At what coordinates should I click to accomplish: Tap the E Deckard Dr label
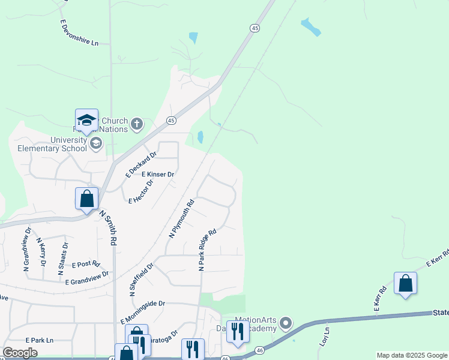pos(141,164)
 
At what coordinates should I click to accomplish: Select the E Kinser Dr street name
pos(158,175)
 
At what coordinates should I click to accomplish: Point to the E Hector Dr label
pos(141,191)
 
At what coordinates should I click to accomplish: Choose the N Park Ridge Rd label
pos(207,249)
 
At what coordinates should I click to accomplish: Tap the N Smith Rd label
pos(109,227)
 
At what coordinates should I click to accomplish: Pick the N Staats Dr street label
pos(62,259)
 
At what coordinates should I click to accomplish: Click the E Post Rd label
pos(85,264)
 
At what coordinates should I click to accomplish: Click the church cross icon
pos(137,124)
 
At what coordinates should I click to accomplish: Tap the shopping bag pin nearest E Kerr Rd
pos(405,283)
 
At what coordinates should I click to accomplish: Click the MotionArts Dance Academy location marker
pos(286,324)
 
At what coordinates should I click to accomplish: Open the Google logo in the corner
pos(20,353)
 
